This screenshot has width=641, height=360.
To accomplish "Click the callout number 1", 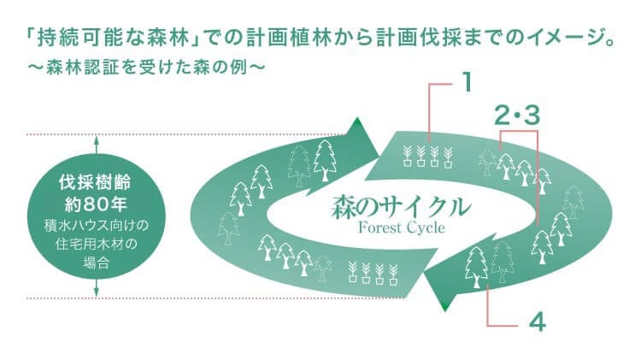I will (x=467, y=82).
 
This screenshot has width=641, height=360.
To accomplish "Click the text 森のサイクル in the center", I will (x=400, y=206).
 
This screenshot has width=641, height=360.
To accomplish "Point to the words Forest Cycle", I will (x=400, y=228).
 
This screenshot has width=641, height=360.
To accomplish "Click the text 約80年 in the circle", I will (x=97, y=204).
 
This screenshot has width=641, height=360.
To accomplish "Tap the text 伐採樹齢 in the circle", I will (x=97, y=183).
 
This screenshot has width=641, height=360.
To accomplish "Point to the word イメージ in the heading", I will (x=562, y=40).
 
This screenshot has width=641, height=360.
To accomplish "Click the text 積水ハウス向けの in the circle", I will (x=97, y=227).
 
